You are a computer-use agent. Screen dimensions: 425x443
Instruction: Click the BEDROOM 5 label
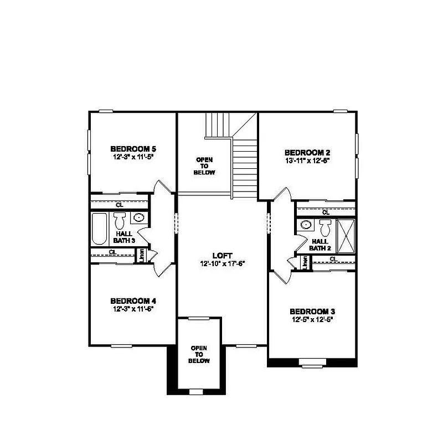(133, 148)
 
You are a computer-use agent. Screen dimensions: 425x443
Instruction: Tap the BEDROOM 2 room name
(307, 152)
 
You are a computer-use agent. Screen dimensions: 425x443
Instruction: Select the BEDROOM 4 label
(133, 300)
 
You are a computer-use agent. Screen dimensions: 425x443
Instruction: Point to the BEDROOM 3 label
(312, 311)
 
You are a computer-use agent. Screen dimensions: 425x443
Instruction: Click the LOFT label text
(221, 256)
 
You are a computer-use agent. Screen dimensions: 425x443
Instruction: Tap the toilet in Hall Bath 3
(120, 222)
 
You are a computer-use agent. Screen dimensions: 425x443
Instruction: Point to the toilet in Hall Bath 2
(325, 226)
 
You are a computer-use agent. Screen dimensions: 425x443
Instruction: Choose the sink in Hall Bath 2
(306, 225)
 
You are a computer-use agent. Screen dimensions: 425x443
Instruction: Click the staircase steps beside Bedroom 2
(244, 166)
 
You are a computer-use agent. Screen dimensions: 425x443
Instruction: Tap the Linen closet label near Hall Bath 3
(142, 256)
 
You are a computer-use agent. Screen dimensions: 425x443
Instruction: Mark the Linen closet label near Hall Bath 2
(305, 263)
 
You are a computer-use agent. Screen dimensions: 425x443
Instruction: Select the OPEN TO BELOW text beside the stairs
(204, 166)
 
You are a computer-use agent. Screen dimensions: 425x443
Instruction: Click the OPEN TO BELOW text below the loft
(199, 354)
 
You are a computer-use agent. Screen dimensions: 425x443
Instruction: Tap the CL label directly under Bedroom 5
(120, 205)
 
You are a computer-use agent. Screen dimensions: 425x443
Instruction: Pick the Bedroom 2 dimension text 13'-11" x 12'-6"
(307, 160)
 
